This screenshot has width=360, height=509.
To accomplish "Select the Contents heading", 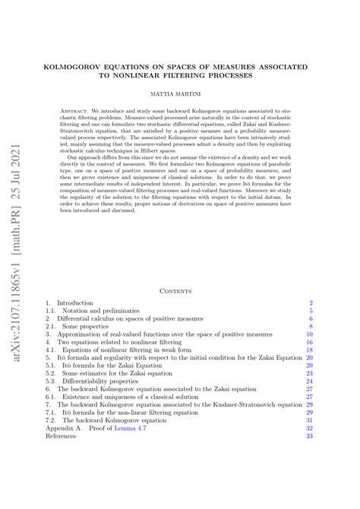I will (x=180, y=290).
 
